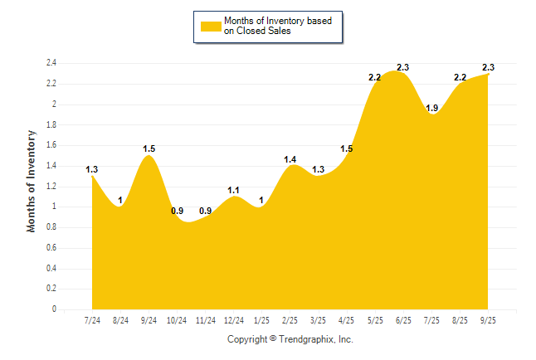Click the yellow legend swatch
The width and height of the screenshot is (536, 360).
(211, 26)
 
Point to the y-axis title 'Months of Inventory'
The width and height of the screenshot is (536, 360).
(32, 180)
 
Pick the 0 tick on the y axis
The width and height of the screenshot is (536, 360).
(54, 309)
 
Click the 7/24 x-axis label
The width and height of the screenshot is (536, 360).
(93, 321)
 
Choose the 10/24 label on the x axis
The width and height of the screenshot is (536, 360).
(178, 321)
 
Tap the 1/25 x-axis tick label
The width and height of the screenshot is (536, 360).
(262, 321)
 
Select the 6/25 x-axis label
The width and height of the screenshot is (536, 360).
(403, 321)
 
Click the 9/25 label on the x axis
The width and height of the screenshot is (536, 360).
(489, 321)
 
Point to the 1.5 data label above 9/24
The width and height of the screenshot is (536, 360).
(149, 149)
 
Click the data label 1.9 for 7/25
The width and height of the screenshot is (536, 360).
(431, 108)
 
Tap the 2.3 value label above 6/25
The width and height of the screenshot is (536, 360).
(403, 67)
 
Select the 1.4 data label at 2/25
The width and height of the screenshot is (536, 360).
(290, 159)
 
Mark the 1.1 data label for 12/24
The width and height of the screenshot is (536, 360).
(234, 190)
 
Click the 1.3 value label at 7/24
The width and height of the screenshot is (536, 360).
(92, 170)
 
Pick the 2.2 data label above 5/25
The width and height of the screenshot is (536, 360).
(375, 77)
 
